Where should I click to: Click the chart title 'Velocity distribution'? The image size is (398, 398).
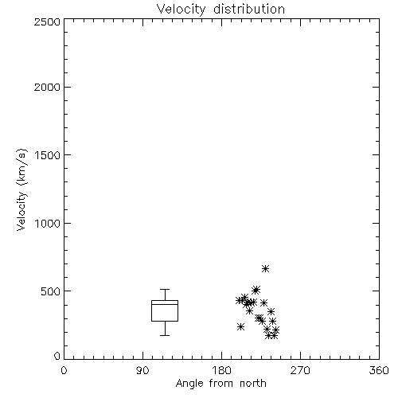click(x=220, y=10)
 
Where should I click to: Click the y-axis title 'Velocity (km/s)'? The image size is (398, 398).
click(x=21, y=189)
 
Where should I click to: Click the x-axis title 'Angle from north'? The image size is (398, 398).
click(x=220, y=384)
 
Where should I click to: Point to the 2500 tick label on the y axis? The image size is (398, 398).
click(x=47, y=21)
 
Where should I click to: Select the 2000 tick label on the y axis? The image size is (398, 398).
click(x=47, y=87)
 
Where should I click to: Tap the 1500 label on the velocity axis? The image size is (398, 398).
click(x=48, y=155)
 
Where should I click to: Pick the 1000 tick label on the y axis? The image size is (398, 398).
click(x=48, y=223)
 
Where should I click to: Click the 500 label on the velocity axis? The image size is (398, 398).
click(x=51, y=291)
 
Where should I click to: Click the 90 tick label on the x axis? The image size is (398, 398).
click(x=142, y=370)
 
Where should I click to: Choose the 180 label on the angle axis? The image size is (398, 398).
click(x=221, y=370)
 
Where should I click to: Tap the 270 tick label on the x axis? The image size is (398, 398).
click(x=300, y=370)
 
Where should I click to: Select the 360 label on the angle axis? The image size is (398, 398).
click(x=379, y=370)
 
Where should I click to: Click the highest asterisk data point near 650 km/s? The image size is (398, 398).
click(x=265, y=269)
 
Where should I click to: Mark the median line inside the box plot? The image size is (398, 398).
click(x=165, y=304)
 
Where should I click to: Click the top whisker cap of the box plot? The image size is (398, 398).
click(x=165, y=289)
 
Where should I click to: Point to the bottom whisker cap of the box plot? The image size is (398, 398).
click(x=165, y=335)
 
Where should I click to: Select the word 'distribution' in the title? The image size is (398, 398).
click(x=249, y=10)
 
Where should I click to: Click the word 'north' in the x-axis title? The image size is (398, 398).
click(x=253, y=384)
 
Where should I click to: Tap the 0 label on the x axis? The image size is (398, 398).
click(x=64, y=370)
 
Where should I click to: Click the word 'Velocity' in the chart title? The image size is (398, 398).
click(x=181, y=10)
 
